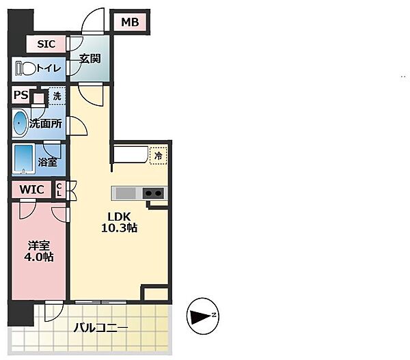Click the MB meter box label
pos(130,23)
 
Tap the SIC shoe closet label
pos(46,44)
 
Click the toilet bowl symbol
pos(27,68)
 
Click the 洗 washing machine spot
pos(57,96)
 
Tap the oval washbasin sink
pos(20,123)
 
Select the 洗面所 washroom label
pos(46,124)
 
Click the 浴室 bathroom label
pos(47,163)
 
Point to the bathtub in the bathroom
pos(25,159)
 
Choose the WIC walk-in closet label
pos(31,189)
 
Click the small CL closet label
pos(59,189)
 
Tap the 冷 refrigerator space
pos(158,155)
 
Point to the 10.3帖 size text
pos(120,228)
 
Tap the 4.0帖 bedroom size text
pos(38,257)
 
